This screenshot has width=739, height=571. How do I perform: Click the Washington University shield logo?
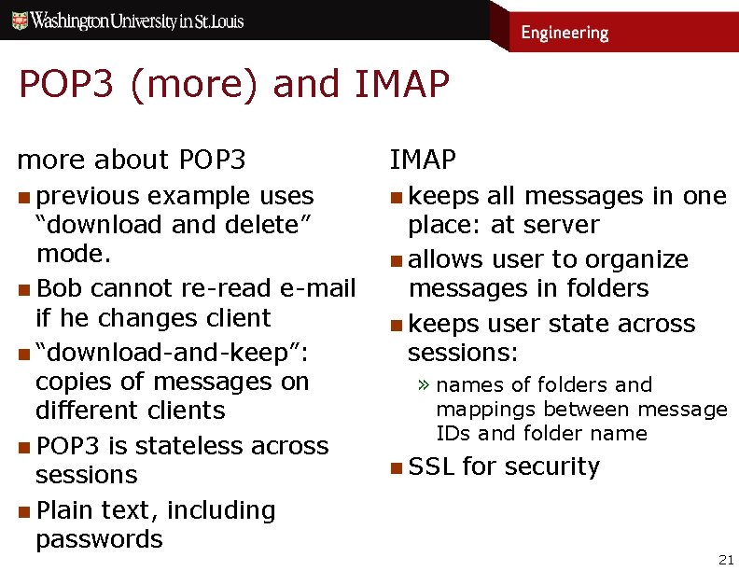pyautogui.click(x=19, y=21)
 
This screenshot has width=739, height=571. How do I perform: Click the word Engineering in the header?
pyautogui.click(x=564, y=33)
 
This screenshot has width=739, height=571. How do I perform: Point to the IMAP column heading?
pyautogui.click(x=423, y=160)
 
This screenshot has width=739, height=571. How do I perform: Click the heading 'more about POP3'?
pyautogui.click(x=132, y=160)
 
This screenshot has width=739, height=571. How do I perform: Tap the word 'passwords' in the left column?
pyautogui.click(x=99, y=539)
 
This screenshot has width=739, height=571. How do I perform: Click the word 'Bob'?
pyautogui.click(x=59, y=288)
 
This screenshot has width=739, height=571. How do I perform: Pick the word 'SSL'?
pyautogui.click(x=431, y=467)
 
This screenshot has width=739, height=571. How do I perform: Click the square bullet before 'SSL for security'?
pyautogui.click(x=397, y=467)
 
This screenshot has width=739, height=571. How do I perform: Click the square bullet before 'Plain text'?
pyautogui.click(x=24, y=511)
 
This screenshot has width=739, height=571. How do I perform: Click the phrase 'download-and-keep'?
pyautogui.click(x=174, y=354)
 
